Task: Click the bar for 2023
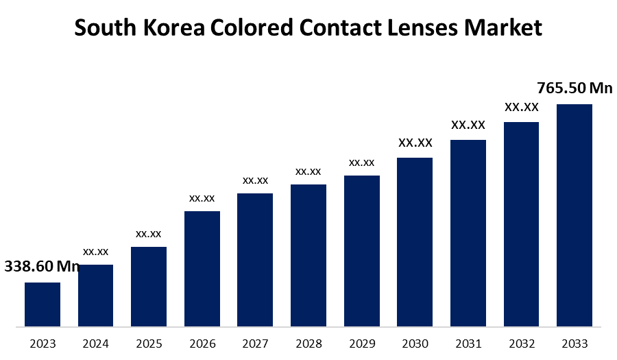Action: pyautogui.click(x=43, y=304)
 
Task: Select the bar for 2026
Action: pyautogui.click(x=202, y=269)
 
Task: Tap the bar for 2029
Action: pyautogui.click(x=362, y=251)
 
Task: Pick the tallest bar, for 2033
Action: pyautogui.click(x=574, y=215)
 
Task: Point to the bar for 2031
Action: pyautogui.click(x=468, y=233)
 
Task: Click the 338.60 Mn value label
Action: pyautogui.click(x=43, y=266)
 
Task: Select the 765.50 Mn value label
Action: pyautogui.click(x=574, y=88)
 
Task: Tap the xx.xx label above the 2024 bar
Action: pyautogui.click(x=96, y=252)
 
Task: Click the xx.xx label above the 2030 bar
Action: pyautogui.click(x=415, y=143)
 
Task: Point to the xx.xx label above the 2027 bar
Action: pyautogui.click(x=255, y=180)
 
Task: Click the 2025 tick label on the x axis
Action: pyautogui.click(x=149, y=344)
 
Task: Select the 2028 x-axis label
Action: pyautogui.click(x=308, y=344)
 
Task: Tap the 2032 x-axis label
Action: pyautogui.click(x=521, y=344)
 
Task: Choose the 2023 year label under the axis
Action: pyautogui.click(x=43, y=344)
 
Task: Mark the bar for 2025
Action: pyautogui.click(x=149, y=287)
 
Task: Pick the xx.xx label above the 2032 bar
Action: pyautogui.click(x=521, y=107)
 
